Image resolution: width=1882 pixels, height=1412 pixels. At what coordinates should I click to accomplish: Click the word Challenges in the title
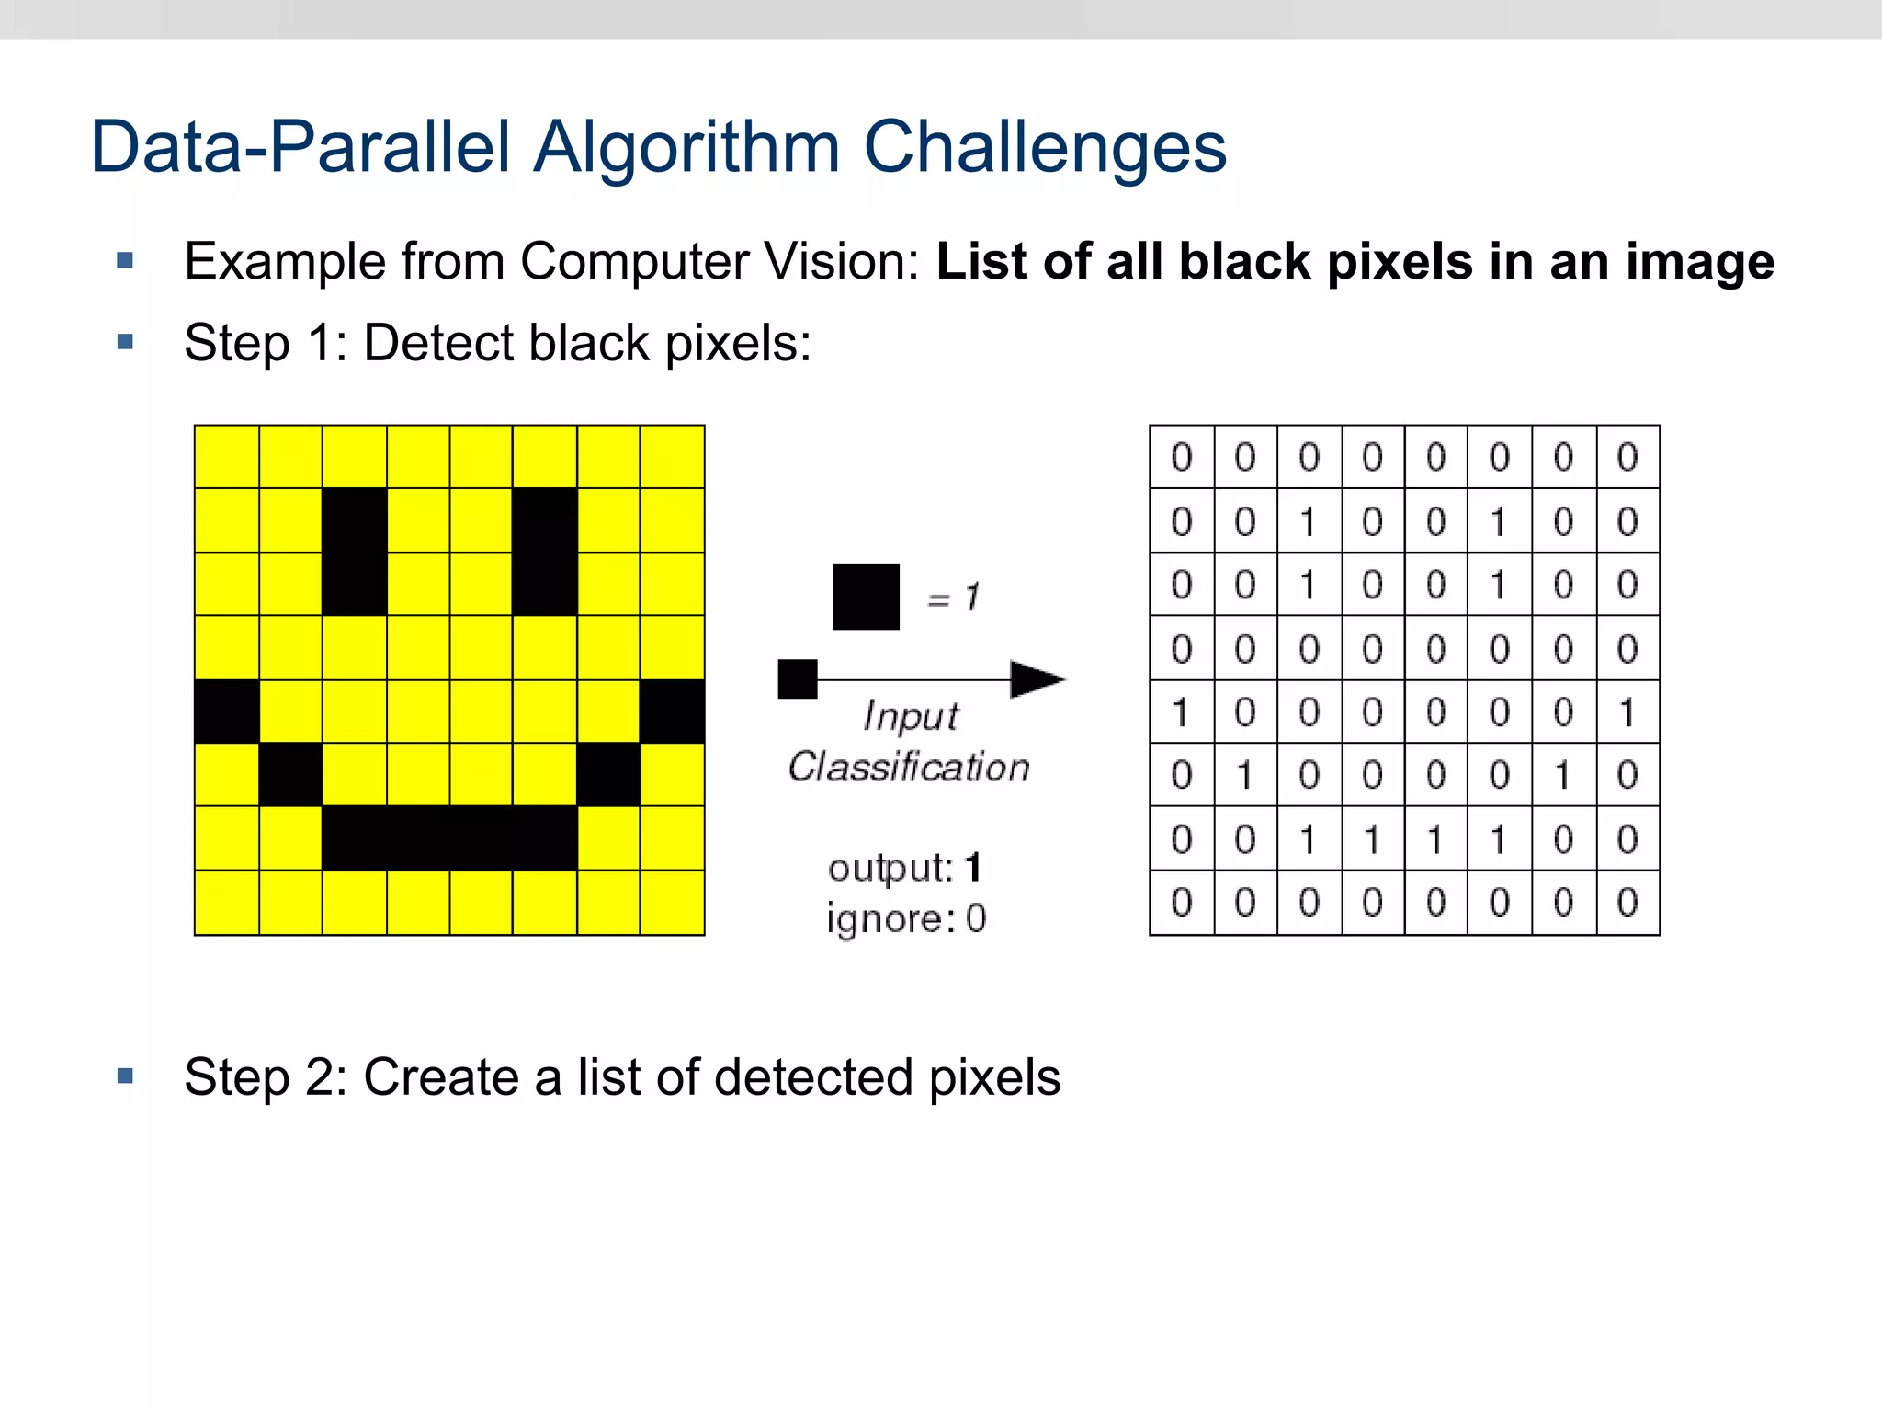click(x=1045, y=147)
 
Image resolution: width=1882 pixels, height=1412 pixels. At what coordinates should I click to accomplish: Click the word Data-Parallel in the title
click(x=300, y=147)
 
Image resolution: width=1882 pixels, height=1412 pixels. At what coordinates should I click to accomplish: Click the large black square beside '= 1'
click(x=866, y=597)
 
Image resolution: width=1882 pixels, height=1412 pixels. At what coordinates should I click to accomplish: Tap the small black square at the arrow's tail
click(x=797, y=679)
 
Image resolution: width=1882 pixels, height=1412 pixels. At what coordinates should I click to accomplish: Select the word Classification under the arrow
click(x=909, y=767)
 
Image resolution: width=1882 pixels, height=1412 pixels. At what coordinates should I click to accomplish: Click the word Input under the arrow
click(x=911, y=716)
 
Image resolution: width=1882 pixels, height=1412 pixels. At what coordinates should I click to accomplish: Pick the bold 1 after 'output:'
click(x=973, y=867)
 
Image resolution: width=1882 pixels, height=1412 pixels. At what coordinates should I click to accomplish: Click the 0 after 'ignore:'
click(x=976, y=918)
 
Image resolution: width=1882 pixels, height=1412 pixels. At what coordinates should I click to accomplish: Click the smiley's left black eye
click(x=355, y=552)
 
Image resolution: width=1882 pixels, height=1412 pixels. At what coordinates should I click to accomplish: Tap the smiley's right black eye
click(x=545, y=552)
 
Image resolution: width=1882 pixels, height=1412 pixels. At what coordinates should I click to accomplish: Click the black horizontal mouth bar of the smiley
click(x=449, y=838)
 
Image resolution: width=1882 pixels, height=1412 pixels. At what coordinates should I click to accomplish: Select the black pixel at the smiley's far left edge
click(x=227, y=712)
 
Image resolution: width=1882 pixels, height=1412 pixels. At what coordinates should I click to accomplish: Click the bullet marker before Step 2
click(x=126, y=1076)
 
